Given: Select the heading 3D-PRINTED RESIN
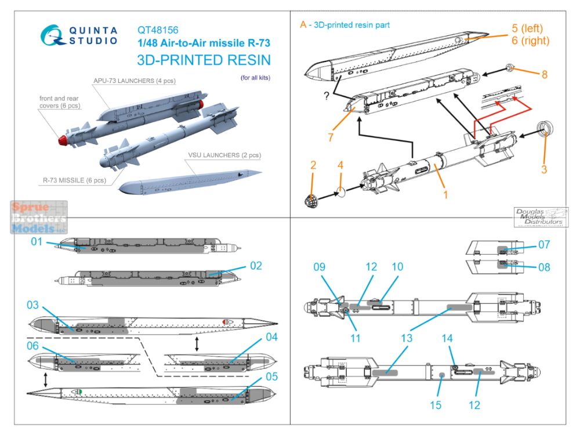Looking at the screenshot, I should pos(204,61).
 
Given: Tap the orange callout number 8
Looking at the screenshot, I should pos(545,75).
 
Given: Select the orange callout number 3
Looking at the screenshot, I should pos(544,170).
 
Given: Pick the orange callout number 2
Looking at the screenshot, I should pos(314,165).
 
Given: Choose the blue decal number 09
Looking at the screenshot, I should pos(320,267).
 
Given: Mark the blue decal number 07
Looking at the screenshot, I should pos(543,245).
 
